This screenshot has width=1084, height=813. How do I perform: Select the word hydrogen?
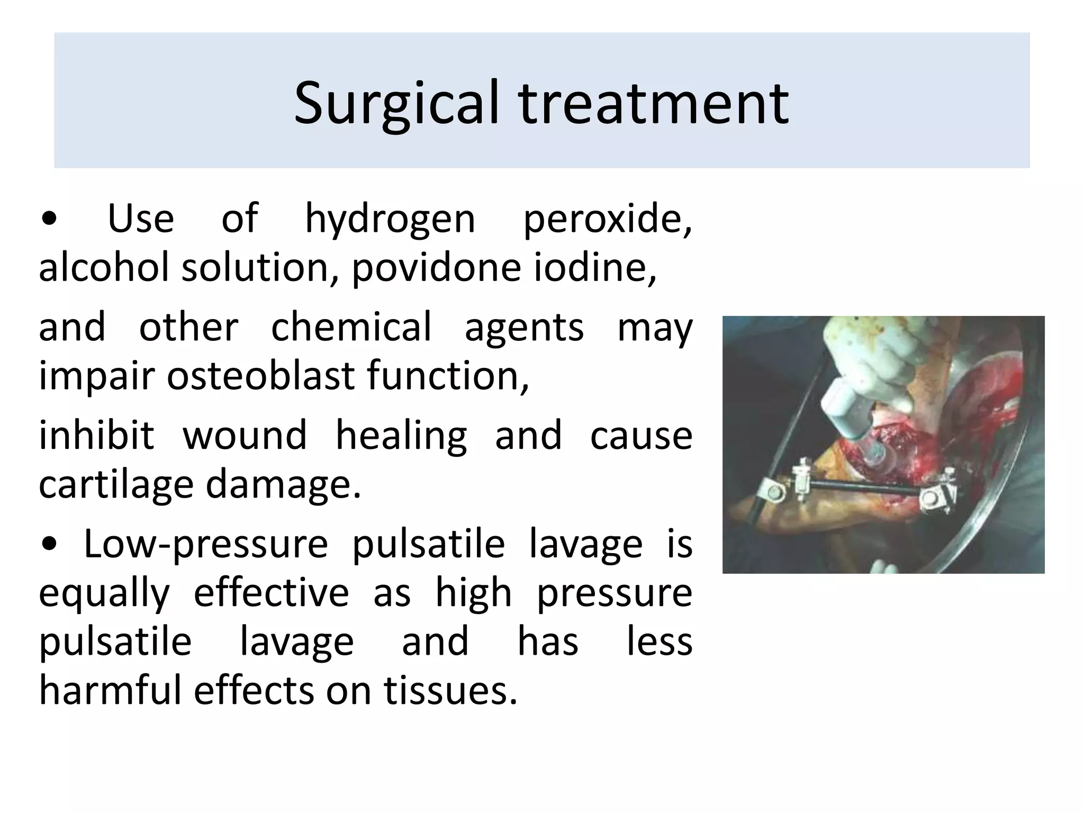tap(390, 220)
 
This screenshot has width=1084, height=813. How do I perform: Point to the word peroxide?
tap(607, 220)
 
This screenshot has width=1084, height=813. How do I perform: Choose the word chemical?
tap(351, 327)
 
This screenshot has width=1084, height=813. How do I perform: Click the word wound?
tap(245, 435)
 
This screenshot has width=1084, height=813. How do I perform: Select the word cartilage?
tap(116, 484)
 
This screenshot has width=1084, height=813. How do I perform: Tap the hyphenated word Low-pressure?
tap(206, 545)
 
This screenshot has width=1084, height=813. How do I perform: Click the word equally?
tap(104, 594)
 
